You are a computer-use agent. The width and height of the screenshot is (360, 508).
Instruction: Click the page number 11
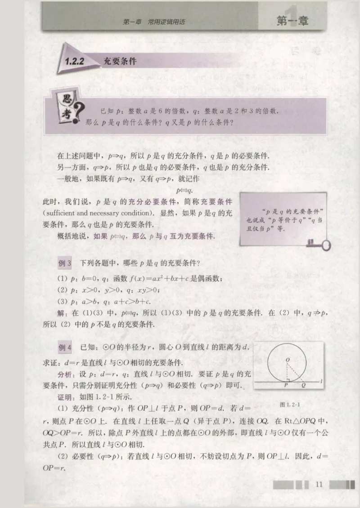click(319, 484)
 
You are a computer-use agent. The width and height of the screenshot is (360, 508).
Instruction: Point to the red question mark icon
click(80, 120)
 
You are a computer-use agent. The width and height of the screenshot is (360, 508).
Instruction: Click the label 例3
click(66, 263)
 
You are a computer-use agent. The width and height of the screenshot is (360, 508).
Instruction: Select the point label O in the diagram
click(287, 360)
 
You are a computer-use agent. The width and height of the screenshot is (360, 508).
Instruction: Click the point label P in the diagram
click(286, 385)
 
